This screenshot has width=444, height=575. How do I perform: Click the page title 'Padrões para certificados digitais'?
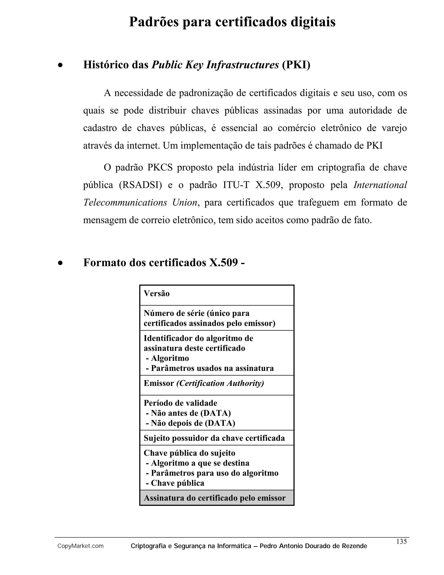pyautogui.click(x=232, y=22)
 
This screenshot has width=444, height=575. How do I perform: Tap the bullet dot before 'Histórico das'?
pyautogui.click(x=60, y=65)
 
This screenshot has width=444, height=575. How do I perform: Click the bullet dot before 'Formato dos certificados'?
pyautogui.click(x=60, y=263)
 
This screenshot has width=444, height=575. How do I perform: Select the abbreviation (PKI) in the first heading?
pyautogui.click(x=296, y=65)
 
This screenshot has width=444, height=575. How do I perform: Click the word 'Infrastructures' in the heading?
pyautogui.click(x=242, y=65)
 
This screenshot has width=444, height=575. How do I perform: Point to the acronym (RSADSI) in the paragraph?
pyautogui.click(x=140, y=185)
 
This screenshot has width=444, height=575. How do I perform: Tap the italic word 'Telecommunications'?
pyautogui.click(x=125, y=202)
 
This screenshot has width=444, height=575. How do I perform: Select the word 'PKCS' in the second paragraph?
pyautogui.click(x=160, y=168)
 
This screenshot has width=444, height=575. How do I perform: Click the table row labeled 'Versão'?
pyautogui.click(x=217, y=295)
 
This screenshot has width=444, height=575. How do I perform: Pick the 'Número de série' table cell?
pyautogui.click(x=217, y=318)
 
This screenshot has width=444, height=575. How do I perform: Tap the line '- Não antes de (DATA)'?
pyautogui.click(x=188, y=413)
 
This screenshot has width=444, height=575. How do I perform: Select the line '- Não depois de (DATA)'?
pyautogui.click(x=190, y=423)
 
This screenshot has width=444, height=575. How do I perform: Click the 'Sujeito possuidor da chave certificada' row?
pyautogui.click(x=214, y=438)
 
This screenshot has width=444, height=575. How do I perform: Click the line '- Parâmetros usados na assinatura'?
pyautogui.click(x=210, y=368)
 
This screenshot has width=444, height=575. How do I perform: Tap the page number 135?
pyautogui.click(x=401, y=541)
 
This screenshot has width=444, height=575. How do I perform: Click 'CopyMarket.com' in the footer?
pyautogui.click(x=80, y=546)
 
